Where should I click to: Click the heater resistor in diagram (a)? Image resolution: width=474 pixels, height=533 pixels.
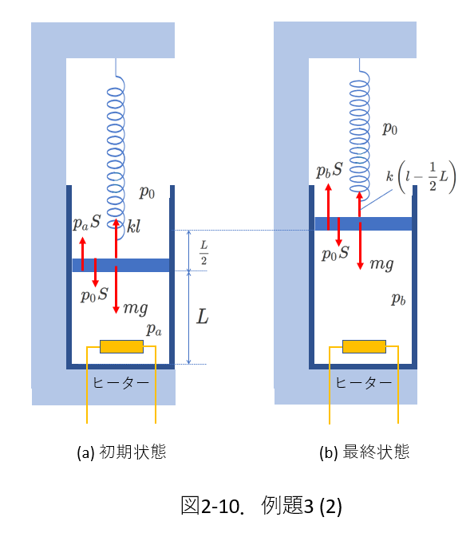(121, 346)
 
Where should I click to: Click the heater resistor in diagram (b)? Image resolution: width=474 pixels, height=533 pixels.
(364, 346)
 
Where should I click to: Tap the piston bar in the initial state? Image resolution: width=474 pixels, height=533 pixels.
(120, 265)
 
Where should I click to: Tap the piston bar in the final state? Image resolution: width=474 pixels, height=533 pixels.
(364, 223)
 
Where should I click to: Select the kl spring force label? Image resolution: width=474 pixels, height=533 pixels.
(133, 227)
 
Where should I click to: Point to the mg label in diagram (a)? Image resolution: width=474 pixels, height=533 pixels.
(136, 309)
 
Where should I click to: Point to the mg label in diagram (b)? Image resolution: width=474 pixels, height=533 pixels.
(381, 264)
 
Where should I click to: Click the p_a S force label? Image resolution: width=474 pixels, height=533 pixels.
(87, 223)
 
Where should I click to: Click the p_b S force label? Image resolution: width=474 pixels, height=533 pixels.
(330, 170)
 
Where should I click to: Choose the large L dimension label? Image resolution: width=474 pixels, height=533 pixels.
(203, 317)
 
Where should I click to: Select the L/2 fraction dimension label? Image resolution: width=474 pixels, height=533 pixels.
(203, 253)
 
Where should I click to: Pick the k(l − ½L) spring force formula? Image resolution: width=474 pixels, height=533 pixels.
(421, 177)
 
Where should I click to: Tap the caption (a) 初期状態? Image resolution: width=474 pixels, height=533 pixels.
(121, 452)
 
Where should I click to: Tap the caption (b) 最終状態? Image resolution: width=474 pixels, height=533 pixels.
(365, 452)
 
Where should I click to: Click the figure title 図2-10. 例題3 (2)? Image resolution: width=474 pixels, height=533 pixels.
(261, 505)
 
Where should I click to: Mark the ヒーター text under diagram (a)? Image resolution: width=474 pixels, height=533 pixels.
(121, 383)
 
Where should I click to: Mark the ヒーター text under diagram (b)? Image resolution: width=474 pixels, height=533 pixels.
(364, 383)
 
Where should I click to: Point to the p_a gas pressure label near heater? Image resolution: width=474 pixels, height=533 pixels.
(154, 330)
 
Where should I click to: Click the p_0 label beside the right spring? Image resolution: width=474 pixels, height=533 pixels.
(389, 129)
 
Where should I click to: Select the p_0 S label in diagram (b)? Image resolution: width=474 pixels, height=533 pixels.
(336, 254)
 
